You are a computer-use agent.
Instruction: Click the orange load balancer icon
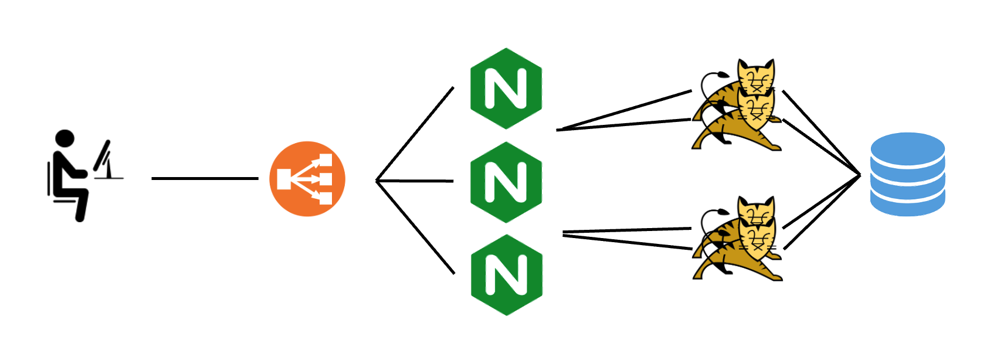(x=307, y=179)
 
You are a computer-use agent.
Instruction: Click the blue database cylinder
(x=907, y=174)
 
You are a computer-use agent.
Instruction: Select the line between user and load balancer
(x=205, y=178)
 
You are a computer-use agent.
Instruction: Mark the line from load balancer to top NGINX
(x=415, y=134)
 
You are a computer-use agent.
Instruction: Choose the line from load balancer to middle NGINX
(x=415, y=181)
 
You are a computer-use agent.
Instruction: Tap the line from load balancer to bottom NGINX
(x=415, y=227)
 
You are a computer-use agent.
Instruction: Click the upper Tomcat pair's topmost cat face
(x=757, y=77)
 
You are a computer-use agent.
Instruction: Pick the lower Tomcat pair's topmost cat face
(x=757, y=213)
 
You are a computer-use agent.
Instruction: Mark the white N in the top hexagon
(x=506, y=89)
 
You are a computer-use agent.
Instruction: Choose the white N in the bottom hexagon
(x=507, y=275)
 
